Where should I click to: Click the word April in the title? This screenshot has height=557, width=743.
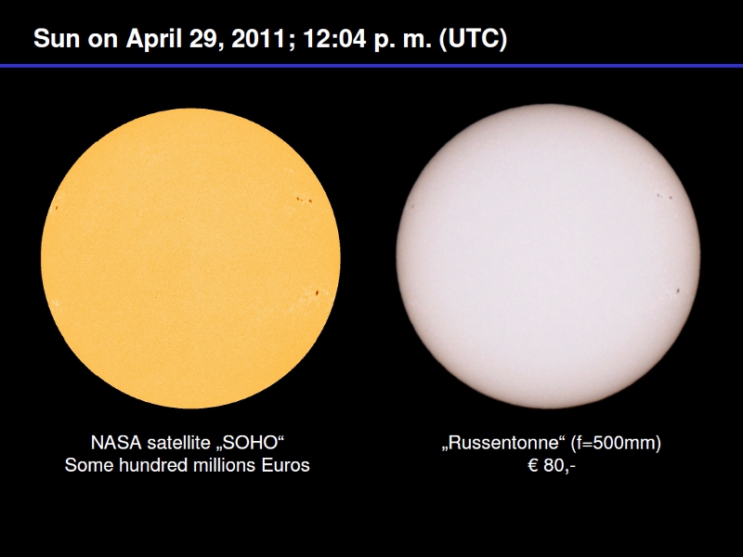pyautogui.click(x=154, y=39)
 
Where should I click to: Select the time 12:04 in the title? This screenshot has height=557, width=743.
pyautogui.click(x=334, y=38)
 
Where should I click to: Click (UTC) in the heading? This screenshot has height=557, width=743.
pyautogui.click(x=473, y=39)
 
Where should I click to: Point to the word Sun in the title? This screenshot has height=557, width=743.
pyautogui.click(x=57, y=38)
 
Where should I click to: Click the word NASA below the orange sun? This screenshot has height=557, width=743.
pyautogui.click(x=116, y=443)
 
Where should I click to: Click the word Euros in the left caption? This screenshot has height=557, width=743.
pyautogui.click(x=285, y=465)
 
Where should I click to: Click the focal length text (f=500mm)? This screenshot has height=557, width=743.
pyautogui.click(x=616, y=444)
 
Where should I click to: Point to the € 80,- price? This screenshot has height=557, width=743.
pyautogui.click(x=551, y=466)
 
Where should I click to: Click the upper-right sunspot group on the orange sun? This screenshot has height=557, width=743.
pyautogui.click(x=304, y=200)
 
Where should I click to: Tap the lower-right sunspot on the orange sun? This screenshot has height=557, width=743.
pyautogui.click(x=316, y=293)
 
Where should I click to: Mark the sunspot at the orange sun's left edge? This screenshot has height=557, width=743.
pyautogui.click(x=57, y=207)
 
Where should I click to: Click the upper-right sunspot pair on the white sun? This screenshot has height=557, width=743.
pyautogui.click(x=664, y=196)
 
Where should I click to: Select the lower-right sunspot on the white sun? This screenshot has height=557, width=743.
pyautogui.click(x=678, y=291)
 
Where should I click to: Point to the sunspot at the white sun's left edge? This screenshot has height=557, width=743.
pyautogui.click(x=412, y=206)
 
